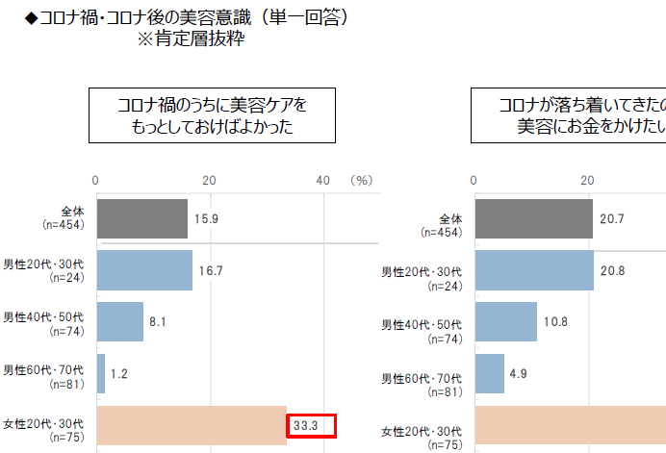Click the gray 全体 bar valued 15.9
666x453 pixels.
tap(141, 218)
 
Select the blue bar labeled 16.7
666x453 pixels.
tap(143, 270)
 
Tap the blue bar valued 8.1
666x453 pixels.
tap(119, 321)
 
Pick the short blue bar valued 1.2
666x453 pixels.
tap(100, 373)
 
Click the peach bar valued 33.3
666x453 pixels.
tap(191, 425)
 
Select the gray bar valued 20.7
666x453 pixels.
tap(533, 218)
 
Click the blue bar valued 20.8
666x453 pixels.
tap(533, 270)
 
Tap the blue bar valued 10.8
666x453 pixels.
tap(505, 321)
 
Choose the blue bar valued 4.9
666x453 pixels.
tap(489, 373)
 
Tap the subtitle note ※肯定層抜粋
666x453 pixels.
tap(190, 40)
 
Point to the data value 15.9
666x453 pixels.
tap(207, 218)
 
